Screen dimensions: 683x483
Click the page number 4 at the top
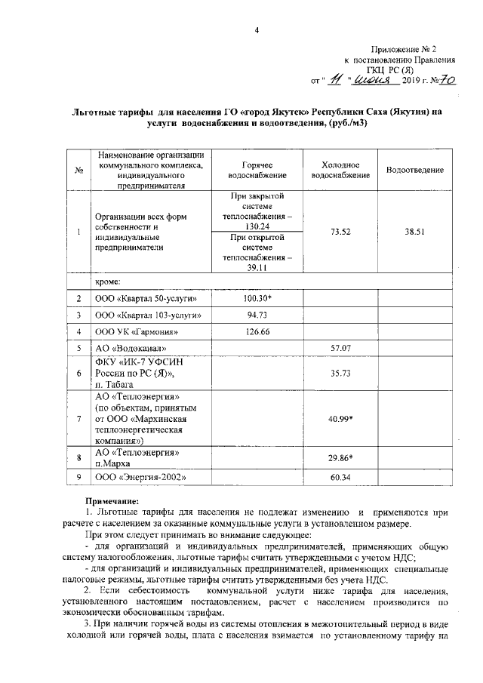tap(257, 30)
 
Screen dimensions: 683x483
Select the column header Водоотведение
tap(414, 171)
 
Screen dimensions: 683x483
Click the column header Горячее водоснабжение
tap(257, 169)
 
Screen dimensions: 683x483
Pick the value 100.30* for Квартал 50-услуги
tap(257, 299)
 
